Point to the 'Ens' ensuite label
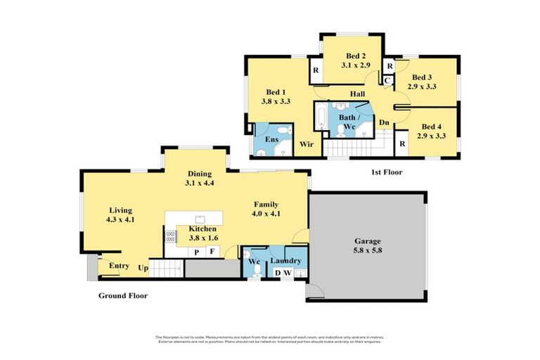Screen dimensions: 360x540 tap(271, 140)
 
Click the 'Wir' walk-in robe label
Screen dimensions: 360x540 tap(306, 144)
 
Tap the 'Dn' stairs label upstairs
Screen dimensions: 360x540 tap(384, 122)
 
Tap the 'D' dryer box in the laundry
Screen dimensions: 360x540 tap(278, 273)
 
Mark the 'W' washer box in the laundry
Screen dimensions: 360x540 tap(288, 273)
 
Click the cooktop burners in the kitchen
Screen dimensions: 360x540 tap(171, 236)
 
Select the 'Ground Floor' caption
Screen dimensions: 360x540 tap(122, 296)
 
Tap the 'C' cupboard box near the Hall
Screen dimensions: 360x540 tap(387, 81)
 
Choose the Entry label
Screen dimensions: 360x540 tap(119, 265)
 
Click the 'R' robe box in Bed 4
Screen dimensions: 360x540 tap(401, 143)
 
